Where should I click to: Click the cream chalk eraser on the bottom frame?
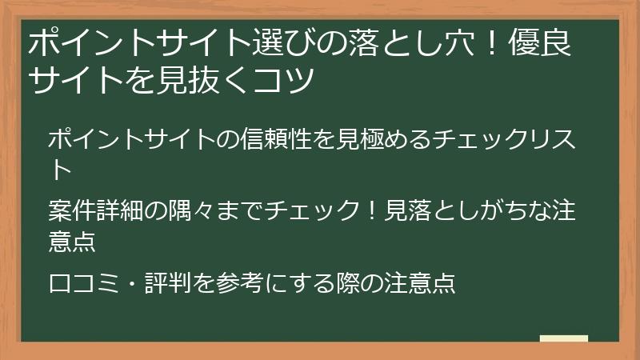563,338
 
